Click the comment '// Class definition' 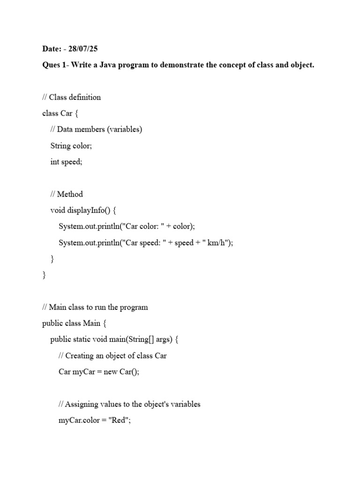pyautogui.click(x=71, y=97)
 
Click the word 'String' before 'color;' pyautogui.click(x=60, y=146)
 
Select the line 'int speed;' pyautogui.click(x=66, y=162)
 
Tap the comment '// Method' pyautogui.click(x=67, y=194)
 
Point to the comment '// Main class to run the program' pyautogui.click(x=95, y=307)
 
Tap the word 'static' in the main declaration pyautogui.click(x=84, y=340)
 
